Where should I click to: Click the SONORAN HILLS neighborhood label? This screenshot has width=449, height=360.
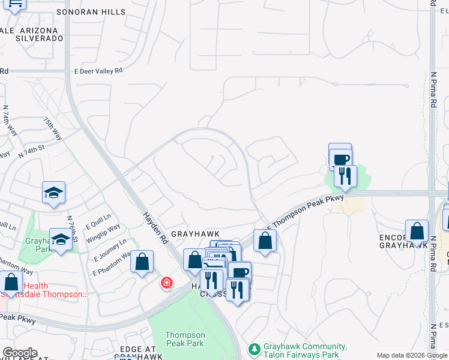pyautogui.click(x=100, y=12)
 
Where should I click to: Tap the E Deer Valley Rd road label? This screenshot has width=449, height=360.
pyautogui.click(x=98, y=70)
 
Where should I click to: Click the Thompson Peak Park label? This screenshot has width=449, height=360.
pyautogui.click(x=185, y=339)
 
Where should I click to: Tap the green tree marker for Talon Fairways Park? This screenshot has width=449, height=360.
pyautogui.click(x=255, y=348)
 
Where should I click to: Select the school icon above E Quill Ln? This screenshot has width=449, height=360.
pyautogui.click(x=53, y=193)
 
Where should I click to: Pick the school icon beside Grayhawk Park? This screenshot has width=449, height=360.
pyautogui.click(x=61, y=239)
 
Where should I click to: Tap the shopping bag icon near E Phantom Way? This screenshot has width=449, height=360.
pyautogui.click(x=142, y=262)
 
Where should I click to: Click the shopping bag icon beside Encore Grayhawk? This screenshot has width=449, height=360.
pyautogui.click(x=417, y=232)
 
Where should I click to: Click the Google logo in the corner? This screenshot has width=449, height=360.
pyautogui.click(x=20, y=353)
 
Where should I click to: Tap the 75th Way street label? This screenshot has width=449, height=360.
pyautogui.click(x=52, y=128)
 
